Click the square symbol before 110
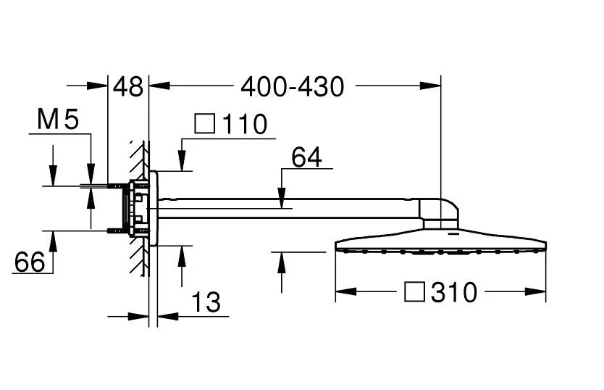coord(206,125)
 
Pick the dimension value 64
coord(306,157)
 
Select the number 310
coord(454,293)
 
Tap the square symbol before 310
coord(414,293)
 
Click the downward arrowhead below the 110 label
coord(182,162)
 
